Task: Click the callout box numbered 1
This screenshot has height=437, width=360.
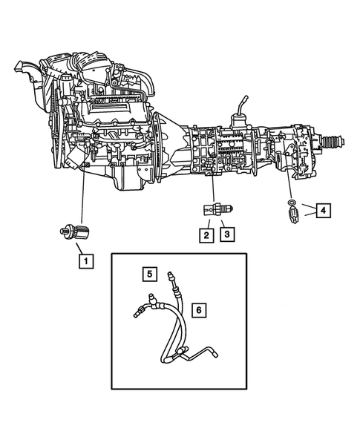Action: click(87, 260)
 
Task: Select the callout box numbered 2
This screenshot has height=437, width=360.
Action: click(203, 235)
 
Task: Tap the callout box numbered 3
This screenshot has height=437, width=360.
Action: click(227, 235)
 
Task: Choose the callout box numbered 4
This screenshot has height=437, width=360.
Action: click(321, 211)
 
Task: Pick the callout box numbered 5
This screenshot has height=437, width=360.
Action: click(149, 274)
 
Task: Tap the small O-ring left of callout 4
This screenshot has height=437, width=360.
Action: click(292, 203)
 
